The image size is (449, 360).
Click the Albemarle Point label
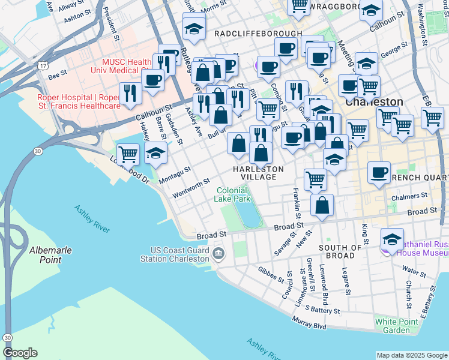point(45,254)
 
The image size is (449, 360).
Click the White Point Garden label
point(396,326)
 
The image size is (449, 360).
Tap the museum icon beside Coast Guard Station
point(218,254)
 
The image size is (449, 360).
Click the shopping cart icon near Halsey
point(128,154)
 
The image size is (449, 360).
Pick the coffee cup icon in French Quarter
point(379,172)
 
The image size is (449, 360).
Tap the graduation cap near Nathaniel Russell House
point(393,239)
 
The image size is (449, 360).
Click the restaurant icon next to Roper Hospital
point(129,92)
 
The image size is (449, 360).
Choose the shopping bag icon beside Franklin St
point(322,205)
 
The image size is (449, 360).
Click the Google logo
point(20,353)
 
